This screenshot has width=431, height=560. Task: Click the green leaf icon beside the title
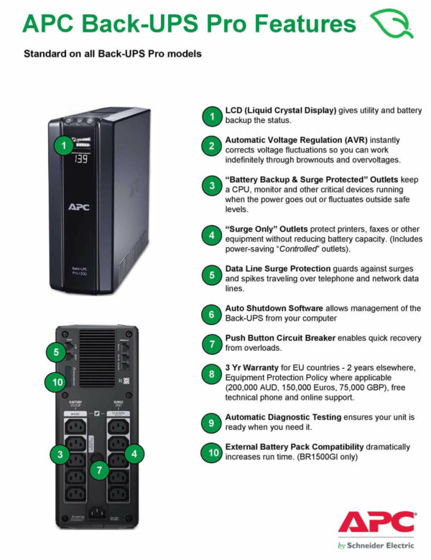391,24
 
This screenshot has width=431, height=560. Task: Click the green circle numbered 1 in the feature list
210,116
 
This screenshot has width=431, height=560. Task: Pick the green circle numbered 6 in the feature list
210,313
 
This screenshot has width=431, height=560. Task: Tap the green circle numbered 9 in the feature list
210,423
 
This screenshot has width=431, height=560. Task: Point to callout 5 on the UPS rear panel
56,352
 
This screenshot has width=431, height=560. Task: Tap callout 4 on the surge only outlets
134,454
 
